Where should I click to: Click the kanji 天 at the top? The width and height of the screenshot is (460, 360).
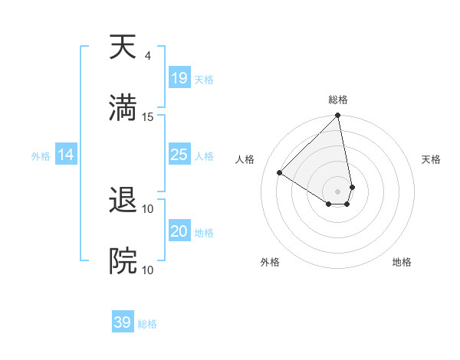[x=123, y=47]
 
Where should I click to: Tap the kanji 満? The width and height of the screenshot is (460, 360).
[x=123, y=107]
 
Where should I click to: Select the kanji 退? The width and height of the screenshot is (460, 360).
[x=123, y=201]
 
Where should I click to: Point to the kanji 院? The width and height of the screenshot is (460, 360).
[x=123, y=261]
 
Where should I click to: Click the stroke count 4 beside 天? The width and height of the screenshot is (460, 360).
[x=147, y=56]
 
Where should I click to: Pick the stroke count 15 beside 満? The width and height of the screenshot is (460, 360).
[x=148, y=116]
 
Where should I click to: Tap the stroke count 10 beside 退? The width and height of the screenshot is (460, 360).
[x=148, y=208]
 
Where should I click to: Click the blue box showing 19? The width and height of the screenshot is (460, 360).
[x=179, y=78]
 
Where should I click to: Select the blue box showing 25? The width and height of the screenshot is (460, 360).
[x=179, y=155]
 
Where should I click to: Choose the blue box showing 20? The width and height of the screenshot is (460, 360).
[x=179, y=231]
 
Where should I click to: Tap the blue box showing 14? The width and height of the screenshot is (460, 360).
[x=66, y=155]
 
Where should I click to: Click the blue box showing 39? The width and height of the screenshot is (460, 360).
[x=122, y=322]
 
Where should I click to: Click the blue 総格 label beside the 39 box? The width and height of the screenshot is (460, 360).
[x=147, y=324]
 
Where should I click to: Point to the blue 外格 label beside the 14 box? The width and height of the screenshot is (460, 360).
[x=41, y=156]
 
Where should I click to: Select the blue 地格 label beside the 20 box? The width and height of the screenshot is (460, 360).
[x=204, y=233]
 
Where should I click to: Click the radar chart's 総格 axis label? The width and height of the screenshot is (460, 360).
[x=338, y=100]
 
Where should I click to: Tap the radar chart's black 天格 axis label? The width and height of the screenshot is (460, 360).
[x=432, y=159]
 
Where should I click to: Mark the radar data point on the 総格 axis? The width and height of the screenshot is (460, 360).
[x=337, y=116]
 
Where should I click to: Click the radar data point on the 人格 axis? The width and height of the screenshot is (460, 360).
[x=280, y=173]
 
